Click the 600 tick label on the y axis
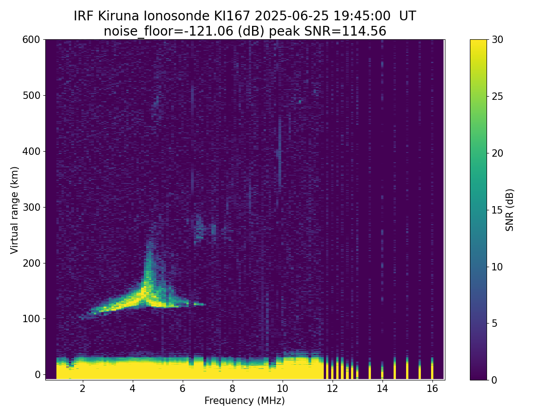point(31,40)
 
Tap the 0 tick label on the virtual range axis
point(37,374)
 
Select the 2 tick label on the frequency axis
point(82,388)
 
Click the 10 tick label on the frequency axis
point(282,388)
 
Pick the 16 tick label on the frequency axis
point(432,388)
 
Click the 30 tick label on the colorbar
point(497,40)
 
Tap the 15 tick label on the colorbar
point(497,210)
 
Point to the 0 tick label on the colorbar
point(494,380)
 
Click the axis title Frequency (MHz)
point(245,401)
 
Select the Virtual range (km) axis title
point(14,210)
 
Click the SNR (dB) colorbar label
point(509,210)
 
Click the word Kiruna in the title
point(118,16)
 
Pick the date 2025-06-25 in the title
point(291,16)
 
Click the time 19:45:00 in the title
point(362,16)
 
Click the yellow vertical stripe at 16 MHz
point(432,369)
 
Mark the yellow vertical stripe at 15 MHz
point(407,369)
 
